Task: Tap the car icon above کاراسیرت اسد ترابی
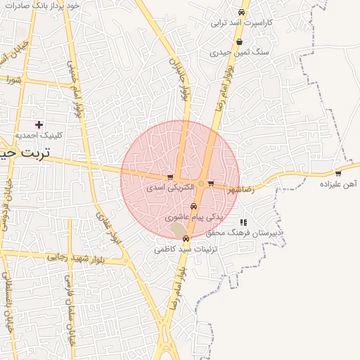[241, 13]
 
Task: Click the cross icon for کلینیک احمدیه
[39, 124]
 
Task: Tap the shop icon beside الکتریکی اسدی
[169, 177]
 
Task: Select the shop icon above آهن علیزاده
[338, 173]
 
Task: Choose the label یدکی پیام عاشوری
[194, 217]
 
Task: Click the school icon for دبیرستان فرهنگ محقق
[243, 222]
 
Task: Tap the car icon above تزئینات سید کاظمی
[185, 238]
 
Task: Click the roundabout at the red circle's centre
[201, 184]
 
